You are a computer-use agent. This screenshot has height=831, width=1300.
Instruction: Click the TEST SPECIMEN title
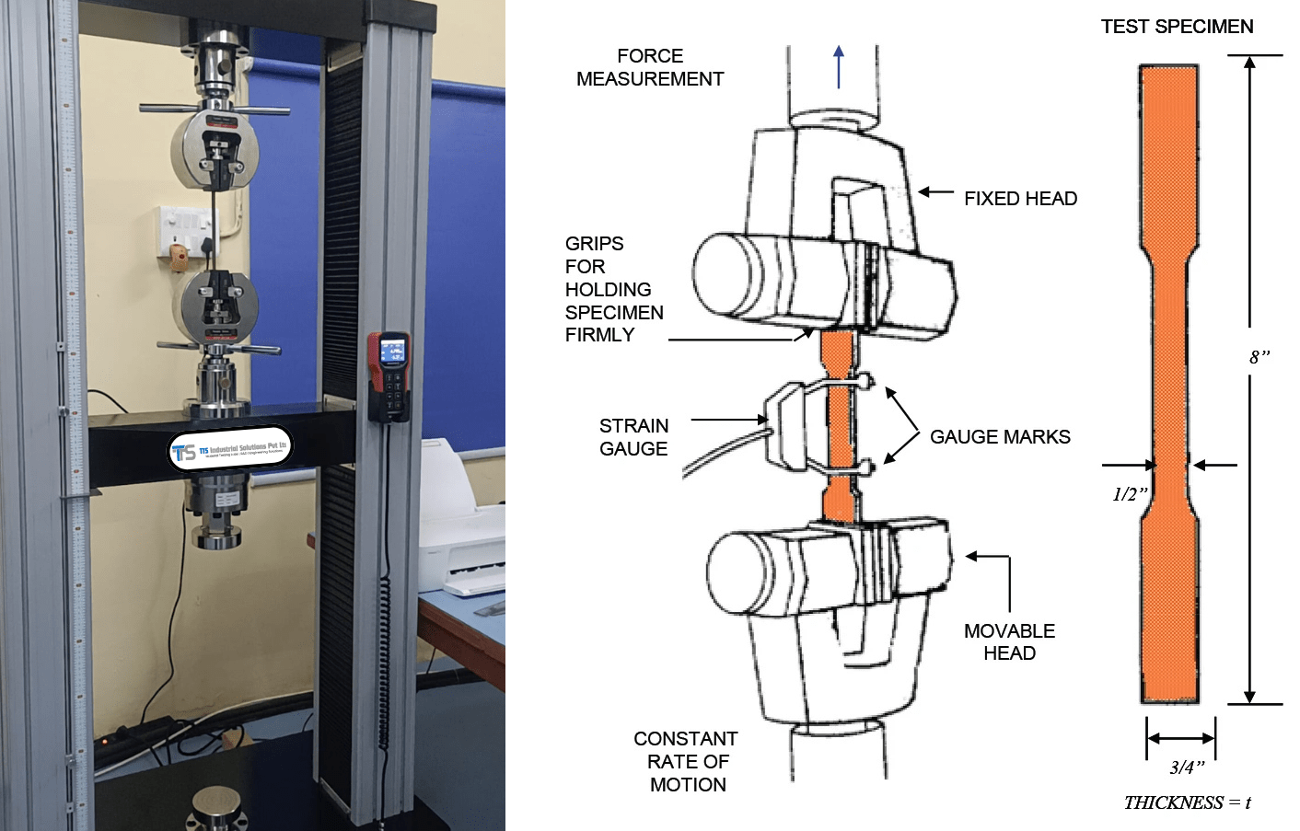click(x=1177, y=27)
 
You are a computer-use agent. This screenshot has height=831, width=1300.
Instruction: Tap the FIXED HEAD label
click(x=1020, y=199)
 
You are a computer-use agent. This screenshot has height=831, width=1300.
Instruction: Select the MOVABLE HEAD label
click(x=1009, y=641)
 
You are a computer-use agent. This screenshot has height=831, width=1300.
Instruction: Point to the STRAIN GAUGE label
click(x=633, y=437)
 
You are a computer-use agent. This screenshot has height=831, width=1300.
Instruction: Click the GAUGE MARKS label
click(x=1000, y=437)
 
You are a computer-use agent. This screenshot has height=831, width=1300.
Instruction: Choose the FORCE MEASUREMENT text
click(x=649, y=67)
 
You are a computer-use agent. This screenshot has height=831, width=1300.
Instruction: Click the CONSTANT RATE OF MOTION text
click(x=686, y=761)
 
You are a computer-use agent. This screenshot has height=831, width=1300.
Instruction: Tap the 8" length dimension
click(x=1259, y=357)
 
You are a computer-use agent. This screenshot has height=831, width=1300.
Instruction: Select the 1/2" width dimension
click(x=1130, y=494)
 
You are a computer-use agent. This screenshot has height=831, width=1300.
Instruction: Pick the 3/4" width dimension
click(x=1187, y=767)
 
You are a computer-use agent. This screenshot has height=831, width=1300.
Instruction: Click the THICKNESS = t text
click(x=1187, y=802)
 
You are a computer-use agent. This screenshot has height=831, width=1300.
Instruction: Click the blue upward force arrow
click(x=839, y=67)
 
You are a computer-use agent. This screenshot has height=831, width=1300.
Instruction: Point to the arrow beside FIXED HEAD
click(x=936, y=192)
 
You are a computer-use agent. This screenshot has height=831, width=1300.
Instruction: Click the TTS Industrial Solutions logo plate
click(x=230, y=449)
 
